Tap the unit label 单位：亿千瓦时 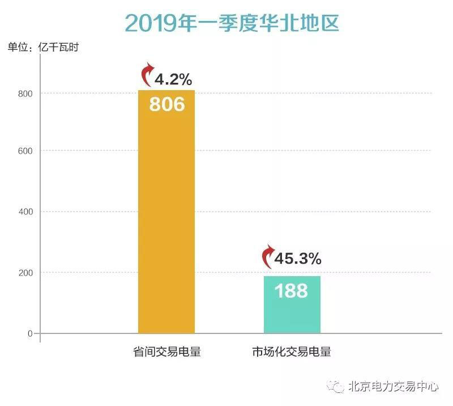pos(42,48)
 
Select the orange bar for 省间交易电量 pos(166,227)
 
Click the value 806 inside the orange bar pos(166,104)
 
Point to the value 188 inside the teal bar pos(292,291)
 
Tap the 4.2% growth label pos(173,79)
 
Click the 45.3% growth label pos(298,259)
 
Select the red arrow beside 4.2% pos(147,74)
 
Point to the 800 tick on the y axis pos(27,93)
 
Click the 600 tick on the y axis pos(27,151)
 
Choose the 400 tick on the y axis pos(27,212)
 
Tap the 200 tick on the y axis pos(27,273)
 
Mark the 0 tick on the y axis pos(31,333)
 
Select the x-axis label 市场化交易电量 pos(291,352)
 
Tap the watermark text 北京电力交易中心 pos(394,387)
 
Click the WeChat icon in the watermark pos(339,387)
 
